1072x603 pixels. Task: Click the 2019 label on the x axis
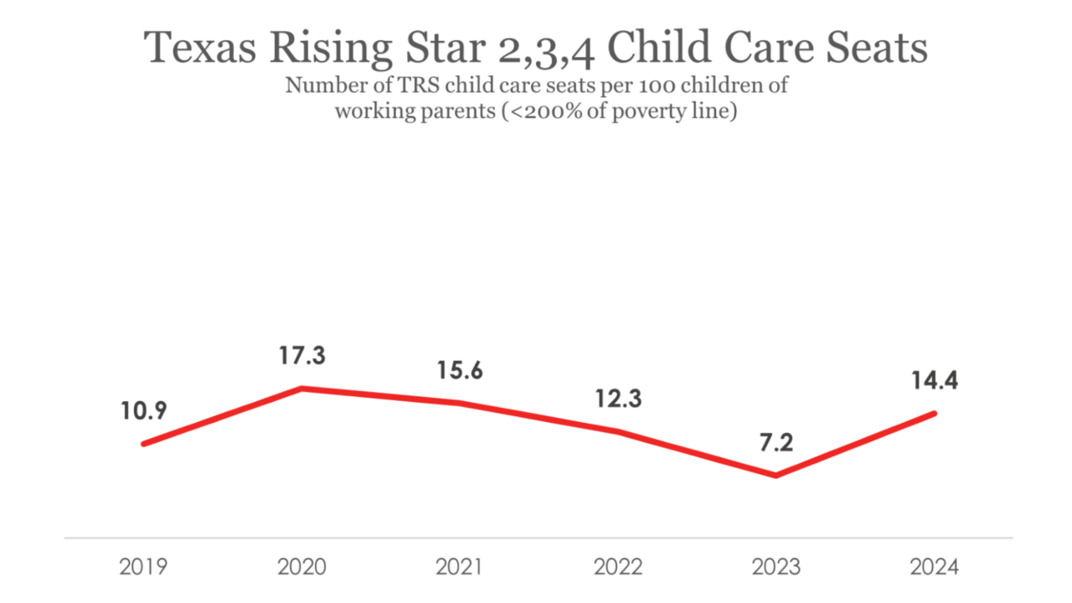[143, 567]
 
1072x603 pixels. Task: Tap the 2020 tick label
[301, 567]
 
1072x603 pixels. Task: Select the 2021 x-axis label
[459, 567]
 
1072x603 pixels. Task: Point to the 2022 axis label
[618, 567]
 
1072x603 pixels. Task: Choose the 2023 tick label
[776, 567]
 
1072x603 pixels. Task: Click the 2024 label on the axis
[934, 567]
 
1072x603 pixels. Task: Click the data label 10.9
[143, 411]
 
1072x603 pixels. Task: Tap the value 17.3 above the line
[301, 356]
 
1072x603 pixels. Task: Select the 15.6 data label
[460, 370]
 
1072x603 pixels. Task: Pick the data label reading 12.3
[618, 399]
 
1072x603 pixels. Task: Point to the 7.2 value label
[776, 443]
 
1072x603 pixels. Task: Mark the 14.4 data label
[935, 380]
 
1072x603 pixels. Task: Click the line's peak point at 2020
[301, 389]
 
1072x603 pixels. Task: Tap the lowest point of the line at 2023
[776, 476]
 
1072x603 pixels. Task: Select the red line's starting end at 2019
[144, 444]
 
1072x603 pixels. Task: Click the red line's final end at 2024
[934, 413]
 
